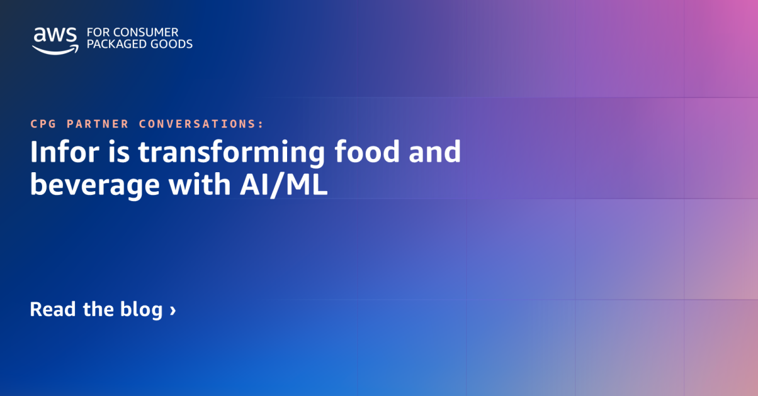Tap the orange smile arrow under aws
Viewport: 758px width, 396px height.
click(55, 50)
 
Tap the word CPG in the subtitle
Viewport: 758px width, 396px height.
click(42, 124)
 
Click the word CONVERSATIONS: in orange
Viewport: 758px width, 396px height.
click(201, 124)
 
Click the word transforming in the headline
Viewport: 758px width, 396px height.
click(227, 154)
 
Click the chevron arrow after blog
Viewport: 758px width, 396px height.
click(173, 310)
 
